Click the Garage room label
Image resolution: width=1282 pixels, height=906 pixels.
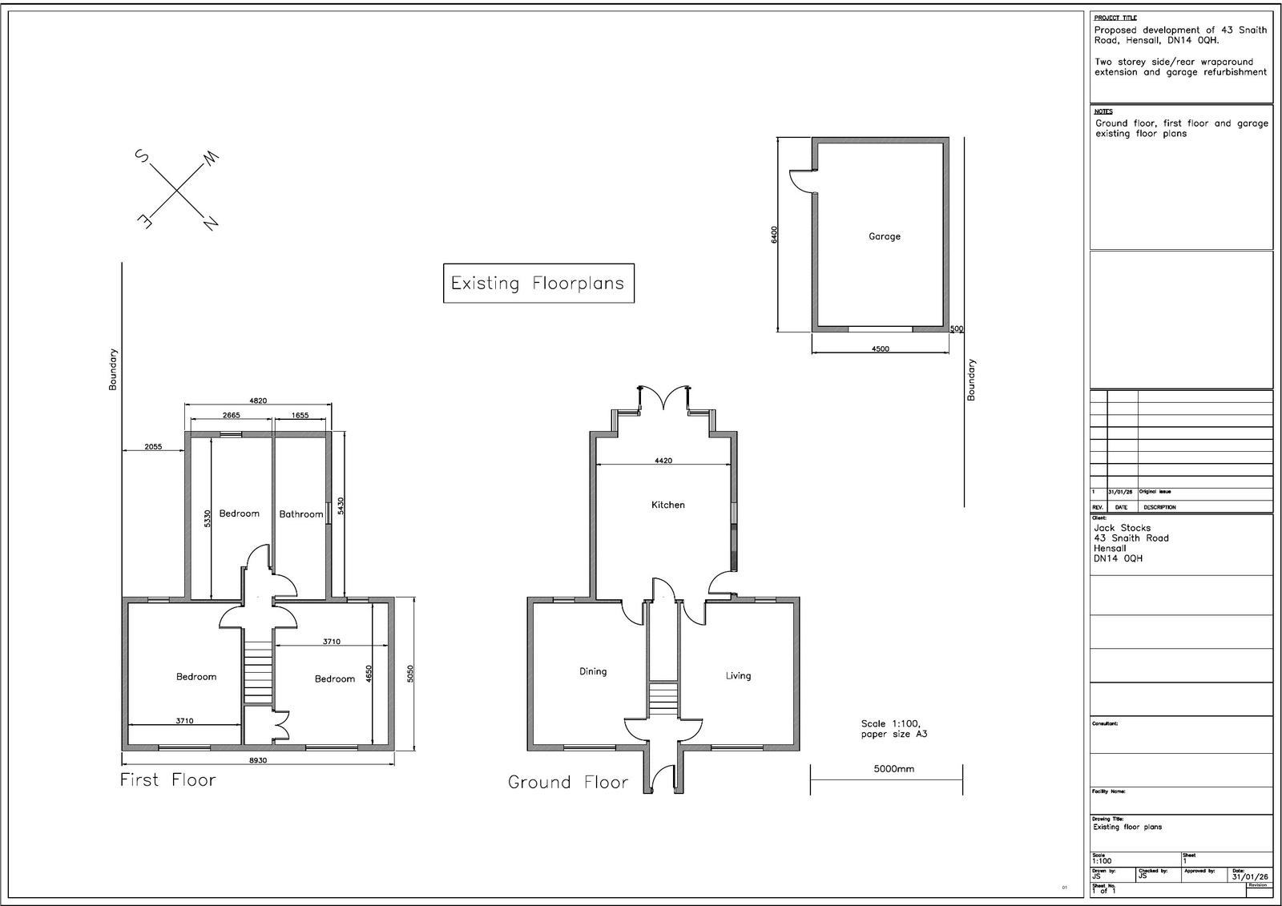pos(885,236)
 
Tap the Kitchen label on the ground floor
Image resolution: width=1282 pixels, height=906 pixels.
pos(667,505)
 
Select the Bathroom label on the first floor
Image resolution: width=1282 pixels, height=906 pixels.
pos(300,514)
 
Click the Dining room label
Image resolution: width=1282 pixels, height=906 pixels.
pos(593,671)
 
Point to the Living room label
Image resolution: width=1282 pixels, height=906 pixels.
pos(738,675)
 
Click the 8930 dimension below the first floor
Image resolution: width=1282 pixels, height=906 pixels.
pos(257,760)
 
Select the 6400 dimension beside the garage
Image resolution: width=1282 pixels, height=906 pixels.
pos(774,235)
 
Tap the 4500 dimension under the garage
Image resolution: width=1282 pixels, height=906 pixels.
pos(880,348)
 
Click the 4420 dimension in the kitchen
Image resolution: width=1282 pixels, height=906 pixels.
pos(663,461)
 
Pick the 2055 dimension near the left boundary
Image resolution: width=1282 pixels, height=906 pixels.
pos(154,447)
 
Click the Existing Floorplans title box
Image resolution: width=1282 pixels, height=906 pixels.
pos(538,283)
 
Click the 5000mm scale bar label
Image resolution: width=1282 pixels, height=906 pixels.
pos(893,768)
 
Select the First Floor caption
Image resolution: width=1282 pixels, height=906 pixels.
pos(168,779)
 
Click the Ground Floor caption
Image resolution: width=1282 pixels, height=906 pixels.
pos(568,782)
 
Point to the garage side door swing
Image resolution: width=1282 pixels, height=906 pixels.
pos(800,182)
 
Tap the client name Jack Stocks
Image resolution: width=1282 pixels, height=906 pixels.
pos(1122,528)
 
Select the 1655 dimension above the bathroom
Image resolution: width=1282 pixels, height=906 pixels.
pos(300,415)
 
